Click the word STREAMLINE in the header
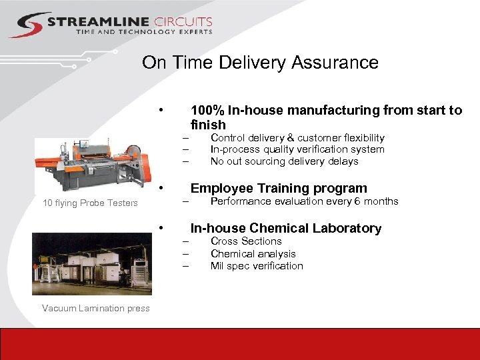(x=98, y=21)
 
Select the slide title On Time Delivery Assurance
(x=260, y=63)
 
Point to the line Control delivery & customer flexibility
(x=297, y=137)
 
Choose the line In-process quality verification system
(x=297, y=149)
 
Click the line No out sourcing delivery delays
(x=284, y=161)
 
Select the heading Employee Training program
(x=279, y=188)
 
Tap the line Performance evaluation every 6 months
(x=304, y=201)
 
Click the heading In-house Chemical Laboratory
(x=286, y=228)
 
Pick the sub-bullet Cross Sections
(x=246, y=241)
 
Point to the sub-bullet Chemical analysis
(x=253, y=253)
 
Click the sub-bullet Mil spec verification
(x=257, y=266)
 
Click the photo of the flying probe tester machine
(x=91, y=165)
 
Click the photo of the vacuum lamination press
(x=91, y=263)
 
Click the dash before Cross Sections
(x=187, y=241)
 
